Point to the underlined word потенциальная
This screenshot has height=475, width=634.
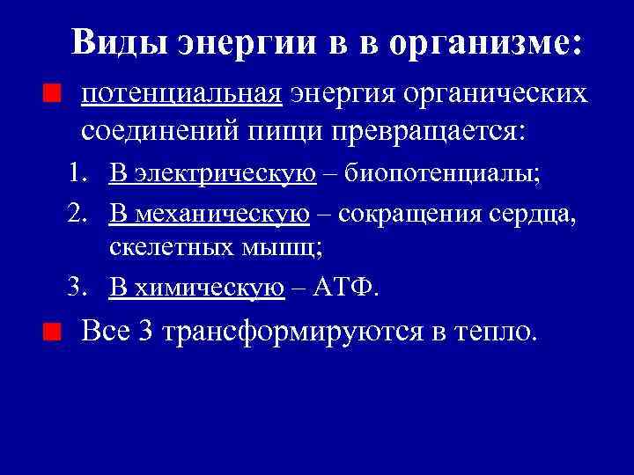181,94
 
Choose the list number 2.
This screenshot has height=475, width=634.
77,213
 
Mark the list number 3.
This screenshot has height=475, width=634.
77,287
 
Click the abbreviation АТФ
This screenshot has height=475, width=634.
351,287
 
